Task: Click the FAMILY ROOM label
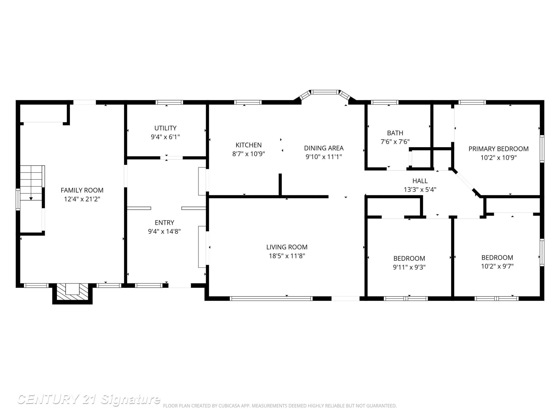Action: point(82,190)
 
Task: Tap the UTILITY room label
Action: point(165,128)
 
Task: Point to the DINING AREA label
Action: point(324,148)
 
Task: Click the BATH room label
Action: point(395,133)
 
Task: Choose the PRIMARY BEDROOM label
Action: point(498,149)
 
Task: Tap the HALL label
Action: point(420,181)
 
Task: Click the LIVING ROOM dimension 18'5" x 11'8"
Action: point(287,256)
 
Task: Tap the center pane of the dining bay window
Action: point(325,92)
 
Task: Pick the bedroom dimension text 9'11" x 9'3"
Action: point(409,267)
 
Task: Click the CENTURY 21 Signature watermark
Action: point(89,399)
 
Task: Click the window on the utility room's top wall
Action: point(169,102)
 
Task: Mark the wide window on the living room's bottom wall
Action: point(271,299)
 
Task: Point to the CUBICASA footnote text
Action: point(280,406)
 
